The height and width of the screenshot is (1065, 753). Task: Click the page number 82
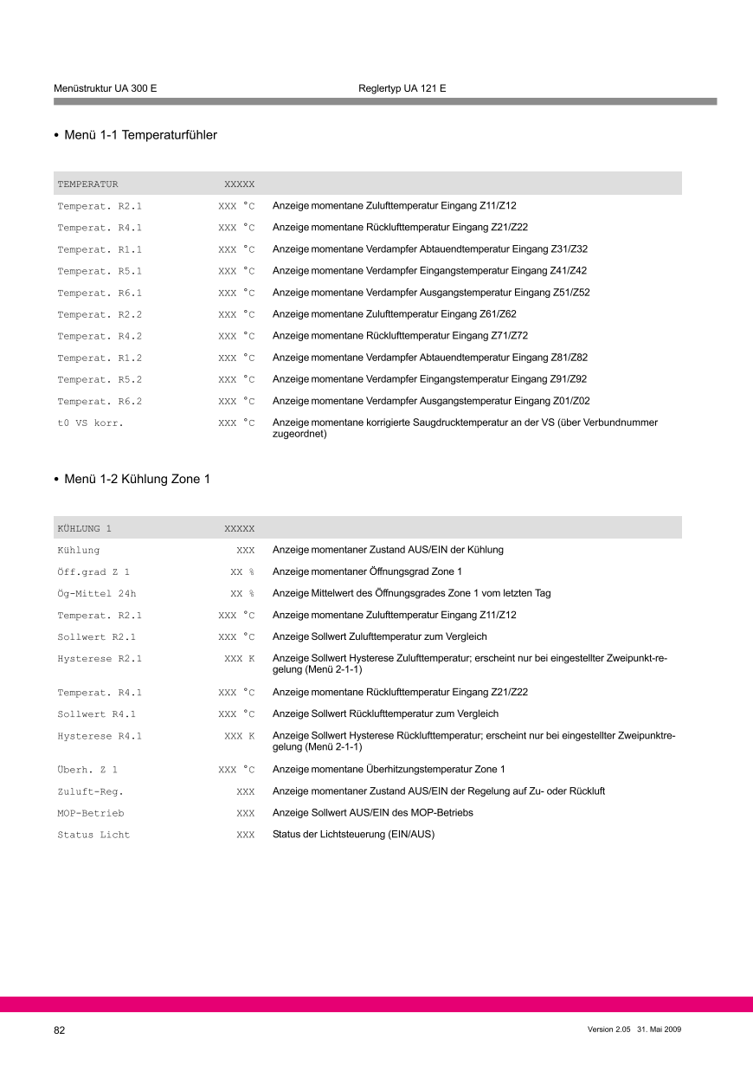pyautogui.click(x=60, y=1029)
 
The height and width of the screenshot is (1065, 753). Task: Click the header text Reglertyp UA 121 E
pyautogui.click(x=402, y=88)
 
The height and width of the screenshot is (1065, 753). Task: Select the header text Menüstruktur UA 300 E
pyautogui.click(x=105, y=88)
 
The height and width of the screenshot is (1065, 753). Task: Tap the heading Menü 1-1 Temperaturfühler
pyautogui.click(x=140, y=135)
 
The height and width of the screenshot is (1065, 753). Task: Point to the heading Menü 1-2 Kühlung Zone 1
pyautogui.click(x=137, y=479)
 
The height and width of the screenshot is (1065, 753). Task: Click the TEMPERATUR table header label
pyautogui.click(x=87, y=184)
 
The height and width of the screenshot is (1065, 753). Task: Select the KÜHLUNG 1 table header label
pyautogui.click(x=84, y=528)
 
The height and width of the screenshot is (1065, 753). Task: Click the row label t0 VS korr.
pyautogui.click(x=90, y=423)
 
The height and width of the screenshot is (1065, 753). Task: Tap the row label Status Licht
pyautogui.click(x=93, y=835)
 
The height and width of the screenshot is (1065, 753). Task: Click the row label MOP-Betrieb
pyautogui.click(x=90, y=813)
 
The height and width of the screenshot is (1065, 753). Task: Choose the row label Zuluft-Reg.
pyautogui.click(x=90, y=791)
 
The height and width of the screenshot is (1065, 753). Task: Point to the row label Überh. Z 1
pyautogui.click(x=87, y=770)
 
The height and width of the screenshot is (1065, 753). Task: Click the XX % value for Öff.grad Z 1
pyautogui.click(x=242, y=572)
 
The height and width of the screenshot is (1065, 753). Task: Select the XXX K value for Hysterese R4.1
pyautogui.click(x=239, y=736)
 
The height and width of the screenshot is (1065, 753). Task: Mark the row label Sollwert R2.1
pyautogui.click(x=96, y=637)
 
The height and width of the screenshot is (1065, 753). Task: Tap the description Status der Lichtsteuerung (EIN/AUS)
pyautogui.click(x=353, y=835)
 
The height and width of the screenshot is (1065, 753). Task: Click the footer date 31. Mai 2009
pyautogui.click(x=660, y=1029)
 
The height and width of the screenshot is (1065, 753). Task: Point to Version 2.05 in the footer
pyautogui.click(x=608, y=1029)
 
